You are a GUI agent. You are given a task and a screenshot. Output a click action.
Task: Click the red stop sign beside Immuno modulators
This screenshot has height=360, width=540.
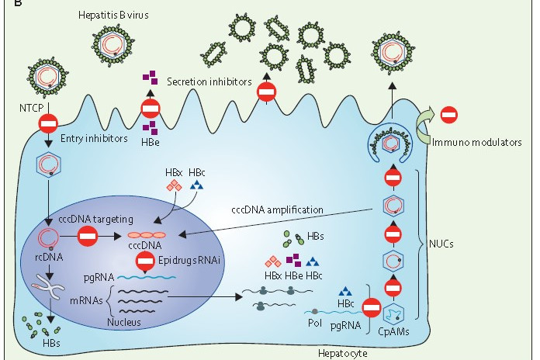point(448,115)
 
